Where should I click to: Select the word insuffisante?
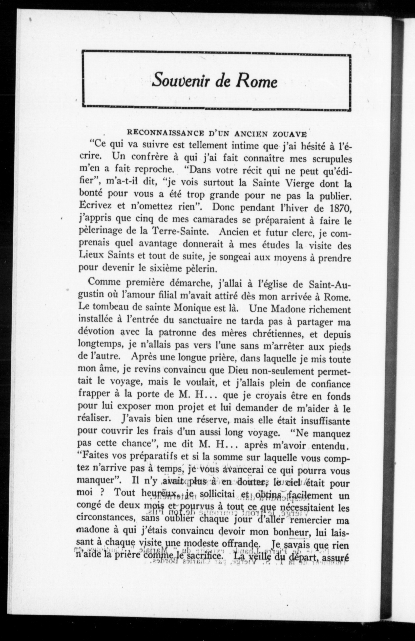point(326,420)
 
